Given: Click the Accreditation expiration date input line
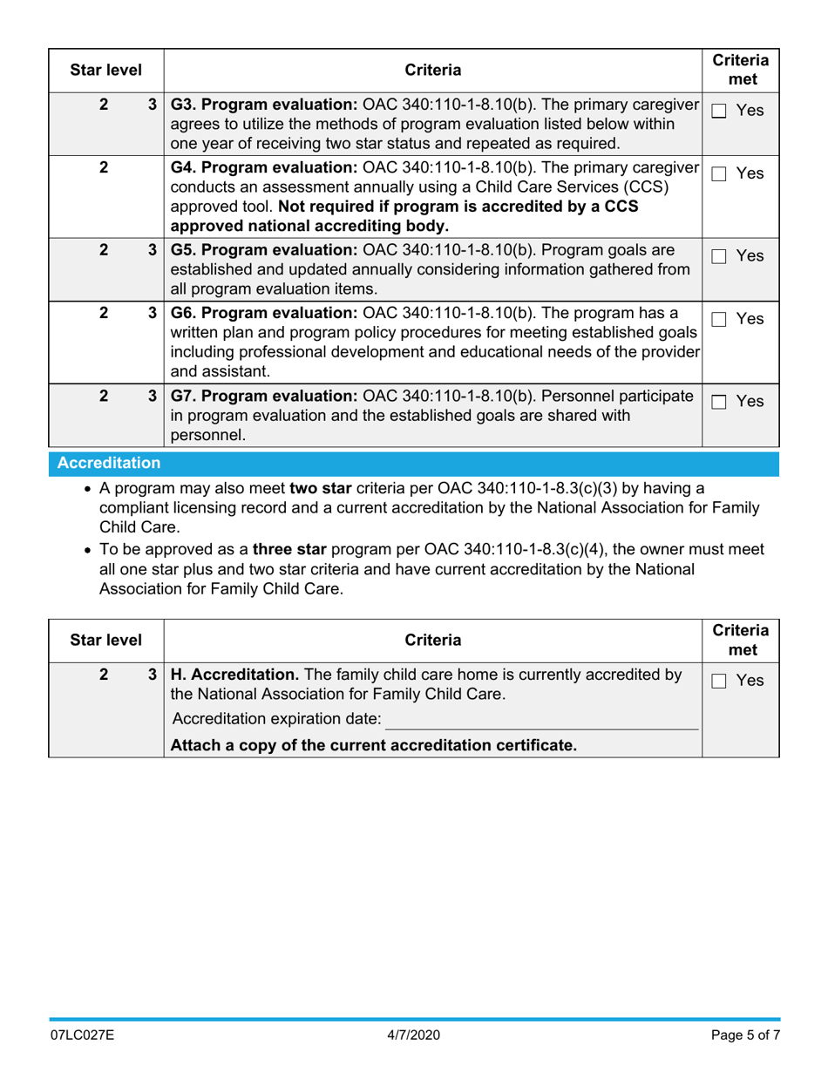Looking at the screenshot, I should pos(542,719).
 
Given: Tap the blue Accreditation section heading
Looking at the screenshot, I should pos(109,463).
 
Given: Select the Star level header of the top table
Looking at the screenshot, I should pos(105,70).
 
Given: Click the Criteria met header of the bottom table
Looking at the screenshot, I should pos(740,640).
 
